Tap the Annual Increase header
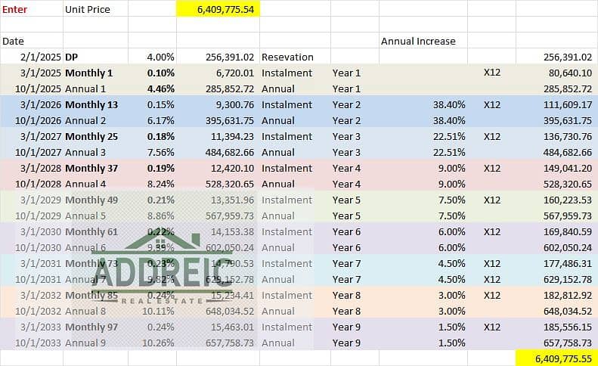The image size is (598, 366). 418,41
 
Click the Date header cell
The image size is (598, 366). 13,41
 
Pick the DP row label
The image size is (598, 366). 72,57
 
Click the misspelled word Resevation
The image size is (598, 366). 287,57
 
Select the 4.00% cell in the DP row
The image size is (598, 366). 161,57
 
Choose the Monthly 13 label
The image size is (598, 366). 91,104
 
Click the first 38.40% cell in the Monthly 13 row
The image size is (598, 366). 449,104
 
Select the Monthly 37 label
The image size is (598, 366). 91,168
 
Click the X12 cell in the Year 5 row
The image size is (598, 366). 492,200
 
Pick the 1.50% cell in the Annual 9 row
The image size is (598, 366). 451,343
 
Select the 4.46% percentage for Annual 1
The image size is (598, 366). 161,88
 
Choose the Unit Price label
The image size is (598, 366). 88,9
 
